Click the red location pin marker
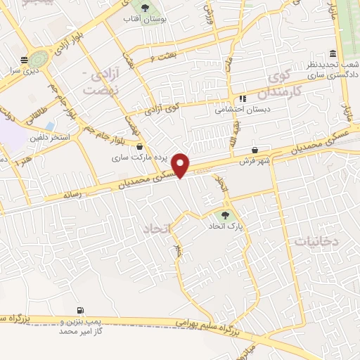pos(182,165)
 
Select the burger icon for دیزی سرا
pos(25,60)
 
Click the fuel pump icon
pos(80,309)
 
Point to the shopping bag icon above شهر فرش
pos(255,150)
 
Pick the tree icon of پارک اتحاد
pos(225,215)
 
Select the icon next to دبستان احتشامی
pos(243,98)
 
